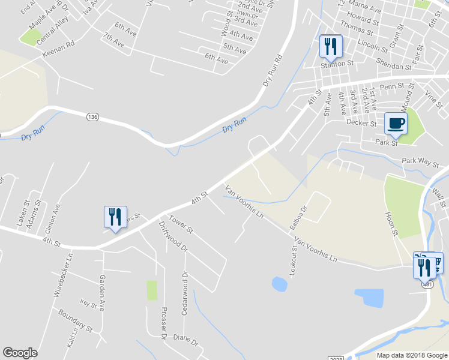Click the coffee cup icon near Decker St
pos(395,124)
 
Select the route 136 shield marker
pos(92,116)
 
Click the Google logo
pos(20,353)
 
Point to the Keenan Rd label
pos(58,49)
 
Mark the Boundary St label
pos(75,320)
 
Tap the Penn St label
pos(392,88)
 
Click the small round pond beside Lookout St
pos(279,283)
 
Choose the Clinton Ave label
pos(52,218)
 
